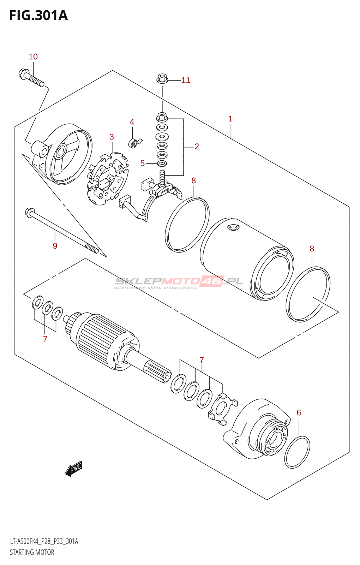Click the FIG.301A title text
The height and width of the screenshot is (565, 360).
[x=38, y=16]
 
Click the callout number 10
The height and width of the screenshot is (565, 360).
[x=33, y=56]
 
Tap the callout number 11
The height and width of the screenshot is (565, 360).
[x=186, y=81]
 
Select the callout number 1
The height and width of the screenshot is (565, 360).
[x=230, y=119]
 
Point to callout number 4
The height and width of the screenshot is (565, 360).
[x=132, y=122]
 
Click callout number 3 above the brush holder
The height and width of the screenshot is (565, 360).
[x=112, y=137]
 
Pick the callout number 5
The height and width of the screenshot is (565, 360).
[x=143, y=163]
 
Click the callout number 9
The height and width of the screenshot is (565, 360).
[x=55, y=246]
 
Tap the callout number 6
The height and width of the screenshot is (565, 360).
[x=299, y=412]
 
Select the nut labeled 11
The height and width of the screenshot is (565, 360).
[x=162, y=78]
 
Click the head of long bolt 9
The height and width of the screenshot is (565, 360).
[x=29, y=213]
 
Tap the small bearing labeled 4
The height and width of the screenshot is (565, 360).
[x=133, y=143]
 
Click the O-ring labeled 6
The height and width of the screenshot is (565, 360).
[x=297, y=452]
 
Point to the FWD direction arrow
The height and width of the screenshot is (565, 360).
[x=74, y=469]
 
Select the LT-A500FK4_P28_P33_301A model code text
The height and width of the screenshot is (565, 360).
[x=44, y=541]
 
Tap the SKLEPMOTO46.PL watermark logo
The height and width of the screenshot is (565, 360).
[x=179, y=281]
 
